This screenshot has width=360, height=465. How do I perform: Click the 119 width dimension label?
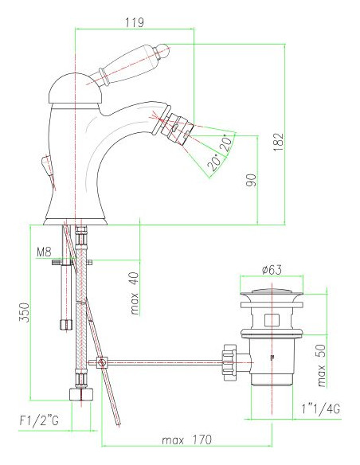tap(135, 21)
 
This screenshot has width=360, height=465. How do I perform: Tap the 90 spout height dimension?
tap(251, 180)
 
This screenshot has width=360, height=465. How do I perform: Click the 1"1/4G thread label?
tap(322, 408)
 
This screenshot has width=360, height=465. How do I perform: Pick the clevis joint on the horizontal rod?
tap(101, 364)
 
